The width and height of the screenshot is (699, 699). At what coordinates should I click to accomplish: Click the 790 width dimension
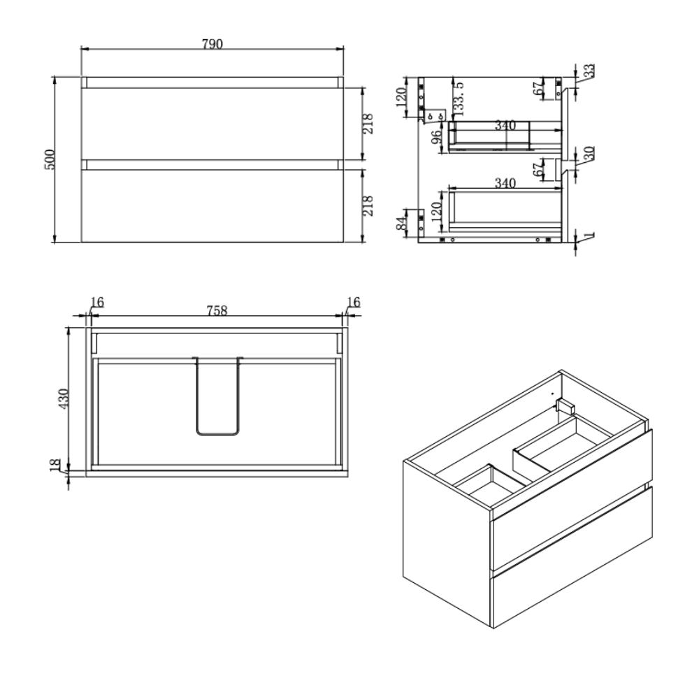[212, 44]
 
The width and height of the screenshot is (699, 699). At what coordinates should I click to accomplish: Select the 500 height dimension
[50, 159]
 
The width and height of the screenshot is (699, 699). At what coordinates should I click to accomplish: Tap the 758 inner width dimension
[217, 310]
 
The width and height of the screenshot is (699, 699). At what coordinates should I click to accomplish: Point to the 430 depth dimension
[64, 399]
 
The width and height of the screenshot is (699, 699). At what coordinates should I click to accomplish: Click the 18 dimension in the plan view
[55, 465]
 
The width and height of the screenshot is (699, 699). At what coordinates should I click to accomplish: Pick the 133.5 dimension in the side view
[459, 99]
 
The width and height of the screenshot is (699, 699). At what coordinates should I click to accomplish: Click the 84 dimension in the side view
[403, 223]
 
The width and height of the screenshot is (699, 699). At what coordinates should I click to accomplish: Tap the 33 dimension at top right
[589, 71]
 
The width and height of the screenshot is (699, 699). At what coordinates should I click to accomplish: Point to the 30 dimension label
[589, 153]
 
